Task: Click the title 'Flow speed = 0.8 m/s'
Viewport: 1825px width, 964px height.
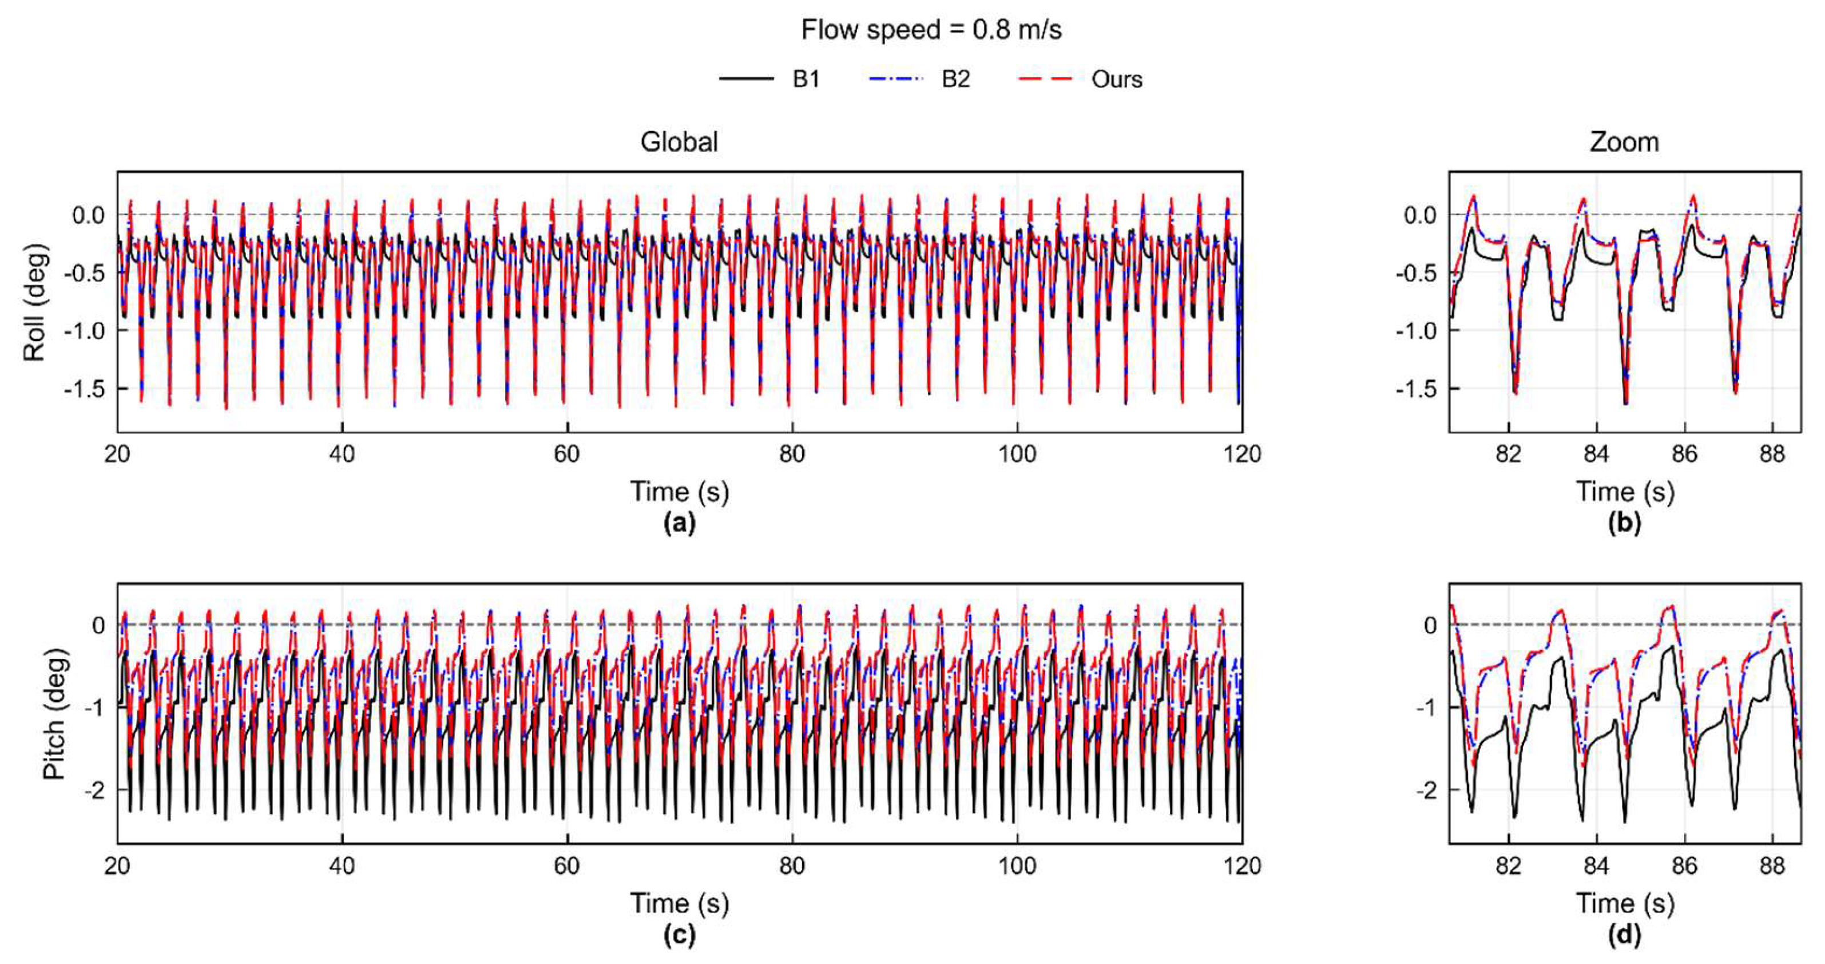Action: point(931,30)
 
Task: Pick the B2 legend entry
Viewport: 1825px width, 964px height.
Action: point(919,78)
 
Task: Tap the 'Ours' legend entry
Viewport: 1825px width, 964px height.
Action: point(1080,78)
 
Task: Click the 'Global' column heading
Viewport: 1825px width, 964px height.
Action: point(679,142)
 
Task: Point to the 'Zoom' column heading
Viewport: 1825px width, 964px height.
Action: point(1624,142)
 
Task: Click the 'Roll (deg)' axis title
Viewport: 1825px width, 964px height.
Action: point(34,303)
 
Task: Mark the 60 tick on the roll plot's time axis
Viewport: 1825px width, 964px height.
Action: point(567,453)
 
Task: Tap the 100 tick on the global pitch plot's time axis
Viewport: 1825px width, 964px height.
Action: point(1017,866)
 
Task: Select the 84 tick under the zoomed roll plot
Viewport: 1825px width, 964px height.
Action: point(1597,453)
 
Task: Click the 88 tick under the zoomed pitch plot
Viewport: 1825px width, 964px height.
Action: point(1772,866)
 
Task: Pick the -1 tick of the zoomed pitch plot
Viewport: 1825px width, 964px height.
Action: point(1429,708)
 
